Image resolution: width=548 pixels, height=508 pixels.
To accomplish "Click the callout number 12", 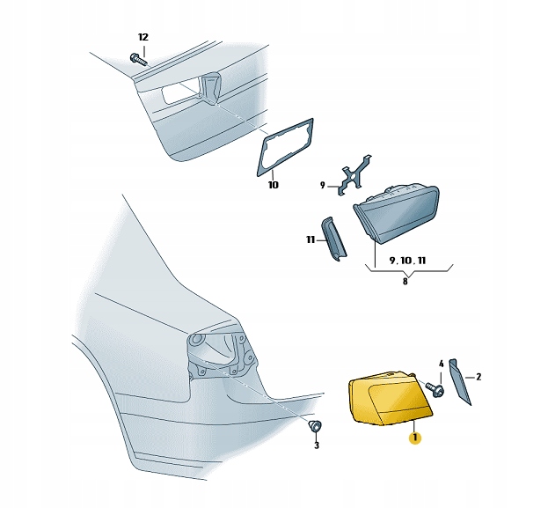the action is tap(143, 37).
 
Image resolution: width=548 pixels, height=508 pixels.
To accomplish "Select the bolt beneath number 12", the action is tap(138, 60).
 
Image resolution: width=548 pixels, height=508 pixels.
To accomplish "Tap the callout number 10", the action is tap(274, 185).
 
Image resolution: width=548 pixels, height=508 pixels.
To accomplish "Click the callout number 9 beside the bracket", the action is tap(323, 186).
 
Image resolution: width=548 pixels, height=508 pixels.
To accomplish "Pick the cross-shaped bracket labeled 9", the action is tap(354, 174).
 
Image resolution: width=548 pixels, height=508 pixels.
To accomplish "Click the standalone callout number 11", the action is tap(311, 240).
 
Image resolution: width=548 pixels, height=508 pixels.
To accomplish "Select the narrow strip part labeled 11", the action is tap(333, 239).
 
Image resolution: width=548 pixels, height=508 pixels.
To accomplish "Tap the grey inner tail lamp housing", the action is tap(397, 213).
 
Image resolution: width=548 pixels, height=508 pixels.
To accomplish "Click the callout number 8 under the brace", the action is tap(405, 281).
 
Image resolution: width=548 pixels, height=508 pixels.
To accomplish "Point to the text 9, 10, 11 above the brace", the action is tap(407, 261).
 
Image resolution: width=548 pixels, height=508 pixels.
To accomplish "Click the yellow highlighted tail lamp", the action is tap(391, 399).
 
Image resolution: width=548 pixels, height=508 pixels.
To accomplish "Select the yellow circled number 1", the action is tap(415, 438).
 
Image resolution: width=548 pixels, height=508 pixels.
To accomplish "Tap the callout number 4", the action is tap(441, 364).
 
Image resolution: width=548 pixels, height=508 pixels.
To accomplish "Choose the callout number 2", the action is tap(479, 377).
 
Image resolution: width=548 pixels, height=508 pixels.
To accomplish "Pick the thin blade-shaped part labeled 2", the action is tap(459, 382).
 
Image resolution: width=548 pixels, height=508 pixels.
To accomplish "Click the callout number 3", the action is tap(317, 445).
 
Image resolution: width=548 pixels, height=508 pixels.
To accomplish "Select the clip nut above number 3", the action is tap(315, 426).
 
